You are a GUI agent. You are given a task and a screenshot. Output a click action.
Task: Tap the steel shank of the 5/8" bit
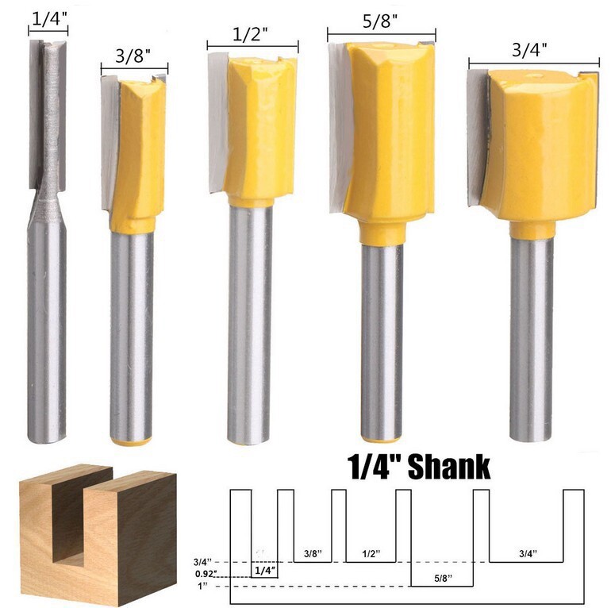[x=382, y=341]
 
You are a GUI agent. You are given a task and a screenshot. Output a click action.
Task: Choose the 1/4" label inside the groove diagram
[x=264, y=569]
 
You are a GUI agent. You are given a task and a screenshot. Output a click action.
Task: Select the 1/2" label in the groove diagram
[x=370, y=552]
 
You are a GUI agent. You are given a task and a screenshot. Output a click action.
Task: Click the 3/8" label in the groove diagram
[x=312, y=552]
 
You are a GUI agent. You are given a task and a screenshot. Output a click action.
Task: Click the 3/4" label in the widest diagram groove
[x=526, y=552]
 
